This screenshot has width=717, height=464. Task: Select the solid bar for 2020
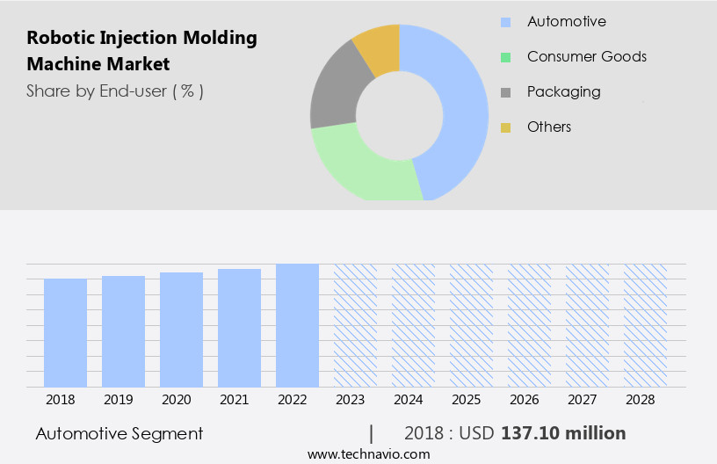pos(181,330)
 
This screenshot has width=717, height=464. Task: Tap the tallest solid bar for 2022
pos(297,325)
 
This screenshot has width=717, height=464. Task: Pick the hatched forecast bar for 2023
pos(355,325)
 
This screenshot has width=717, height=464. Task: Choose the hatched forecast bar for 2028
pos(645,325)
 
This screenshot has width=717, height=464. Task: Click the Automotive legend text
pos(566,21)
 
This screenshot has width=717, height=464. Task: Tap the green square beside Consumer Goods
pos(505,57)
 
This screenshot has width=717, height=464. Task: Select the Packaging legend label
pos(563,91)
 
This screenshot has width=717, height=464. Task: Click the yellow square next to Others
pos(505,127)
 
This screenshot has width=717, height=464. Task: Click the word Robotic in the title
pos(59,38)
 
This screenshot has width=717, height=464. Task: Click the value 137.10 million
pos(562,433)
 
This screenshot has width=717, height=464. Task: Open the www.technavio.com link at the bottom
pos(368,454)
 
